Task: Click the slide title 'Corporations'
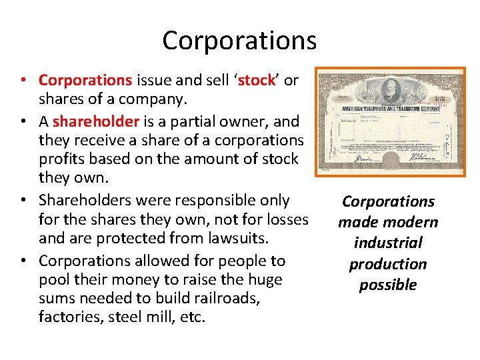click(x=239, y=41)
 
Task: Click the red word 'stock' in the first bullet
click(x=257, y=81)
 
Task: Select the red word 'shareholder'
click(x=95, y=121)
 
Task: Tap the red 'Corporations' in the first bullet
click(x=85, y=81)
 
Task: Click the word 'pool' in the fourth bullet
click(x=54, y=280)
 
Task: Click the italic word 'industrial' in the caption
click(x=387, y=243)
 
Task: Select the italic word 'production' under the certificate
click(x=387, y=264)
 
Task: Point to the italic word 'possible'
click(x=387, y=285)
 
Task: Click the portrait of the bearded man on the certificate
click(x=391, y=91)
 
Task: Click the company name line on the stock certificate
click(x=391, y=108)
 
